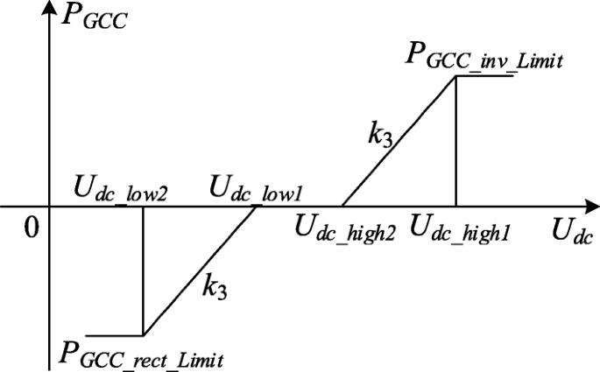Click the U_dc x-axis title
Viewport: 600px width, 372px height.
(571, 234)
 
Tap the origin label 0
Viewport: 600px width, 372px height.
(32, 228)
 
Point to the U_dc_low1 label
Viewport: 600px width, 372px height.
(255, 190)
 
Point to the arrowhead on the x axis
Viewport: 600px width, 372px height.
(588, 208)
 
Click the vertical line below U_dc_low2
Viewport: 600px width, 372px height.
(143, 271)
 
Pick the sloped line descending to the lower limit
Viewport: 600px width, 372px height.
(200, 271)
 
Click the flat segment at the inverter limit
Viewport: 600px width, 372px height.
(484, 76)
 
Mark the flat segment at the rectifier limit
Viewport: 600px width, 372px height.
(114, 335)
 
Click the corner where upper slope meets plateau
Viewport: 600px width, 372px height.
(456, 76)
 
